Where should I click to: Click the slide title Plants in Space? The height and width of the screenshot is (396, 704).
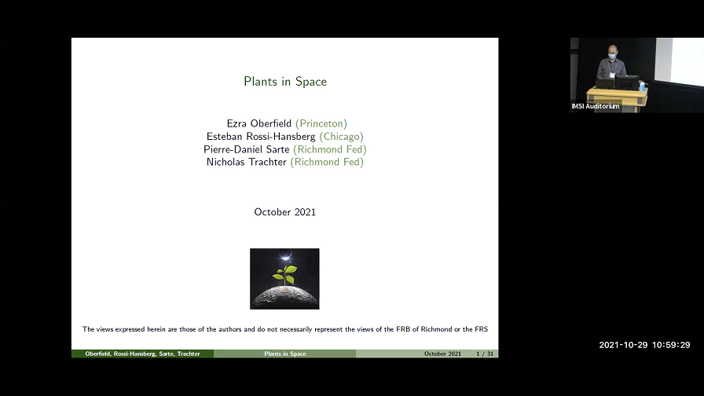pos(284,82)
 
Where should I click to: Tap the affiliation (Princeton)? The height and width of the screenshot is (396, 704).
pos(321,123)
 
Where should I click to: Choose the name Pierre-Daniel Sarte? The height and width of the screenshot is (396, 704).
pos(247,149)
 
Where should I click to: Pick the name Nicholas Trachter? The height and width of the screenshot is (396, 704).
pos(246,162)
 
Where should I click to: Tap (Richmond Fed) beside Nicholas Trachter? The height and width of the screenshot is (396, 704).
pos(327,162)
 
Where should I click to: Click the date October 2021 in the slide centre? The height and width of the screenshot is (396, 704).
pos(284,212)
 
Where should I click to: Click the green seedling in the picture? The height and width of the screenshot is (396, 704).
pos(284,274)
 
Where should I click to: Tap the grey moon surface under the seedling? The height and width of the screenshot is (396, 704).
pos(284,297)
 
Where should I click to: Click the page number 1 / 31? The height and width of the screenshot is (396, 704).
pos(485,354)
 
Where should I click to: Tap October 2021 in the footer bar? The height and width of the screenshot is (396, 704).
pos(442,354)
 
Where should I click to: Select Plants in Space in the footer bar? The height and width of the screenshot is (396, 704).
pos(284,354)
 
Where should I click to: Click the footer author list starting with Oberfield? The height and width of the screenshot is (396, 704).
pos(142,354)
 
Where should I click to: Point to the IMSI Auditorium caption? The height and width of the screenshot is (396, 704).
pos(596,106)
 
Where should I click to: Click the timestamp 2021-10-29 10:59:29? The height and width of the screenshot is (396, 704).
pos(644,345)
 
